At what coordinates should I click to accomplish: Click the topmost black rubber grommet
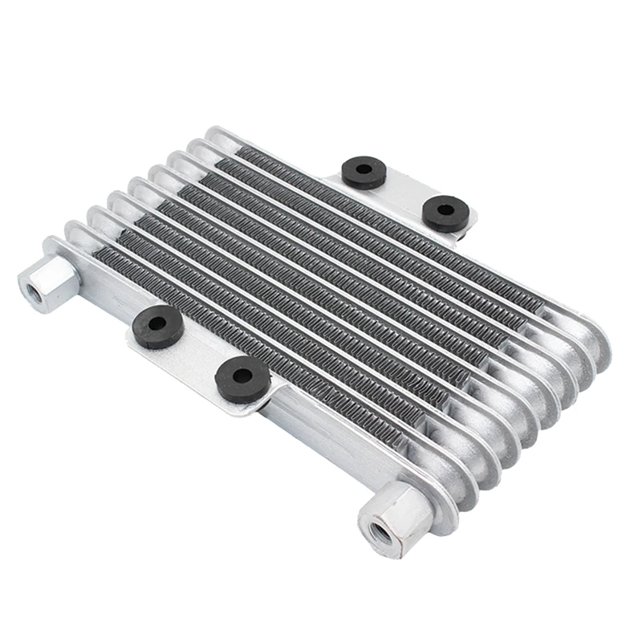click(x=364, y=171)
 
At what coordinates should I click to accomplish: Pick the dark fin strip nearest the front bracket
click(x=241, y=337)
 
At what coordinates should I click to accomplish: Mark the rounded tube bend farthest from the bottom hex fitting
click(x=590, y=341)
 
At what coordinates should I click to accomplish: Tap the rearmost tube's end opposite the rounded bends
click(x=215, y=135)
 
